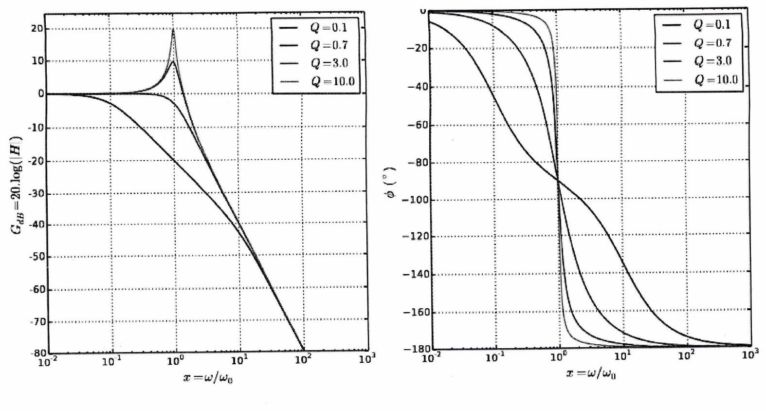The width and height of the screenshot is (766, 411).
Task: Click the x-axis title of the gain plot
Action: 208,378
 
